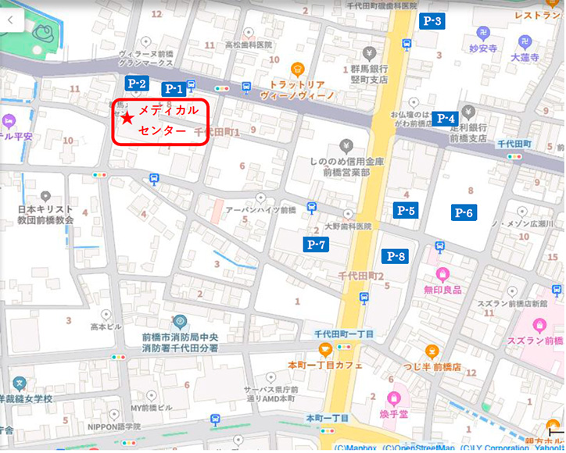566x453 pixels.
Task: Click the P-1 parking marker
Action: click(173, 89)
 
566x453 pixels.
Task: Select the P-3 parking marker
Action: click(432, 21)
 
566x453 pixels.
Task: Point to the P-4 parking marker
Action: click(446, 119)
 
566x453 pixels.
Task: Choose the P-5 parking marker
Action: click(406, 210)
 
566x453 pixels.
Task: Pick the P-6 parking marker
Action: click(464, 212)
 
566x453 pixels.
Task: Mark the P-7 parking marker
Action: click(316, 244)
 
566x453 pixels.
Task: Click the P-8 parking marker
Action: click(396, 256)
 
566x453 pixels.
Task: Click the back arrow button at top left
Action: click(12, 20)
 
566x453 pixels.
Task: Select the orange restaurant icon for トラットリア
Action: click(297, 69)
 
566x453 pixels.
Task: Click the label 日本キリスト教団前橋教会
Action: click(46, 215)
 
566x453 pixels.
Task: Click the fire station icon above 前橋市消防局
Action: click(180, 321)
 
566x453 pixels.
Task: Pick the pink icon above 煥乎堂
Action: click(394, 399)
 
